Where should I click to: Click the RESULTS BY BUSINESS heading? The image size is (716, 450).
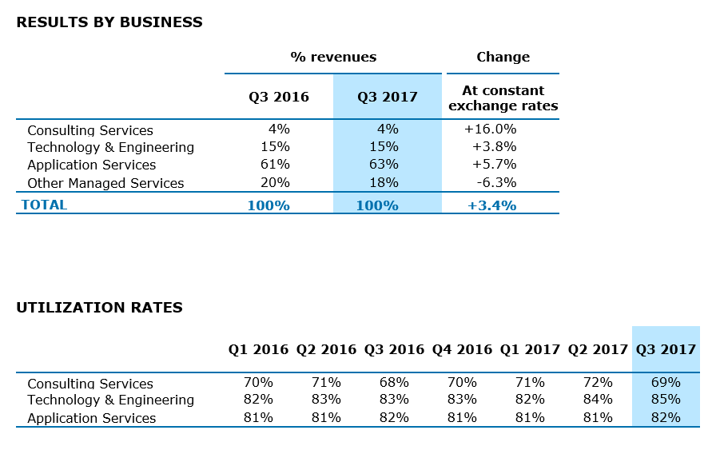109,22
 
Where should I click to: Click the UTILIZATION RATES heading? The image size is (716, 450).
99,308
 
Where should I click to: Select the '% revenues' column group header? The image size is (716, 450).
333,57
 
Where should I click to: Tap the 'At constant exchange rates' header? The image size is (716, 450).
503,98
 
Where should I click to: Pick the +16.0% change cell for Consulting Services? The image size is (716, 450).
490,129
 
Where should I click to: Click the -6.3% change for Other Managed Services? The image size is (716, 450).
495,182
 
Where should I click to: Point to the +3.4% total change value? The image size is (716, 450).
491,205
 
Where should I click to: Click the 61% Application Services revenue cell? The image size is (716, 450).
275,165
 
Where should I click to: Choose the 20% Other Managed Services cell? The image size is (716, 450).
275,182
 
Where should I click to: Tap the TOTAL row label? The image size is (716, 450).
44,205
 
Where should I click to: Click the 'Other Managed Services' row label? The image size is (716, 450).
105,183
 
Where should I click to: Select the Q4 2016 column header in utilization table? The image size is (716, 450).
462,349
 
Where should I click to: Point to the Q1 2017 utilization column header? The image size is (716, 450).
530,349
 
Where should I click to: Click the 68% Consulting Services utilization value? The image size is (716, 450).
394,383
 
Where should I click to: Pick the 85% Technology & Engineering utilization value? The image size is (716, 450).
666,399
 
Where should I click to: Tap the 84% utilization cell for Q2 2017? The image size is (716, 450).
598,399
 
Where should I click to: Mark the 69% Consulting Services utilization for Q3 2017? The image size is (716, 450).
666,383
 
